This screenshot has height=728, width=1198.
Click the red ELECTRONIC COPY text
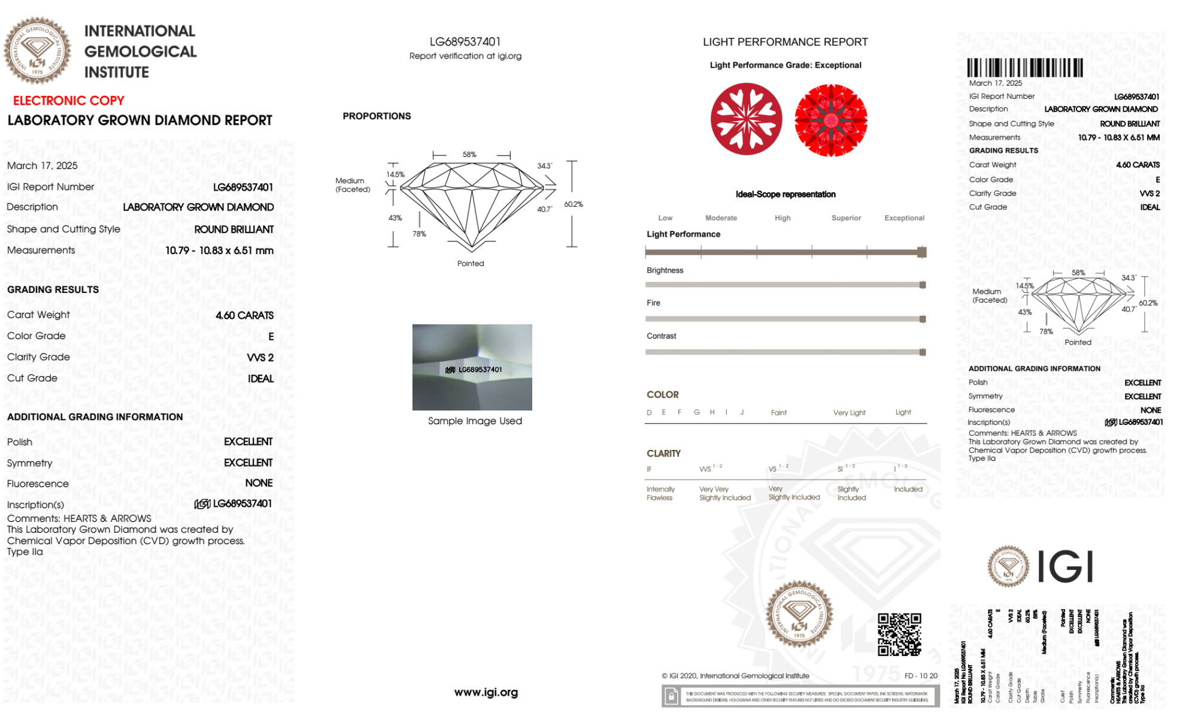(69, 101)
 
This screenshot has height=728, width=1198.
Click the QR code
(899, 634)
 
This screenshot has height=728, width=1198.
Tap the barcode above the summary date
(1025, 67)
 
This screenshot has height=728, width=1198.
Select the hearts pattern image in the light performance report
(746, 119)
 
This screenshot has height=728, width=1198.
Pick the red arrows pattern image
(830, 120)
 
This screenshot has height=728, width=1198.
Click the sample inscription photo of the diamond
(472, 367)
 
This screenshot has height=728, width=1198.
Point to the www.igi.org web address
(486, 692)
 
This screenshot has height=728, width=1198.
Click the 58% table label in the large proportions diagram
(469, 154)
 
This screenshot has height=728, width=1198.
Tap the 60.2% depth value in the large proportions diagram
(573, 204)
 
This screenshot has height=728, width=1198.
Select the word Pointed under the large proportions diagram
(471, 263)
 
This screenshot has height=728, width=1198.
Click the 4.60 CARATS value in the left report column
(244, 315)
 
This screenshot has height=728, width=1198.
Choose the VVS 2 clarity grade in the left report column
(260, 357)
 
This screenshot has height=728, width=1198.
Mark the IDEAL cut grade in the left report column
(260, 379)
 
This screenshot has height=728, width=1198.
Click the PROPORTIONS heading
(377, 116)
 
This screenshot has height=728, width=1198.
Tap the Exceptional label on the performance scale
(904, 218)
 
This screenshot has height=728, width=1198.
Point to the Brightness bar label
(665, 270)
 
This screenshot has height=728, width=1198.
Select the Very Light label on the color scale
(849, 412)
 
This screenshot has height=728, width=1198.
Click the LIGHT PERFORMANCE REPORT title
(785, 42)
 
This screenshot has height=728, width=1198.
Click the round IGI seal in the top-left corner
(37, 50)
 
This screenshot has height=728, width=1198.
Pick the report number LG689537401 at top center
(465, 41)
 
